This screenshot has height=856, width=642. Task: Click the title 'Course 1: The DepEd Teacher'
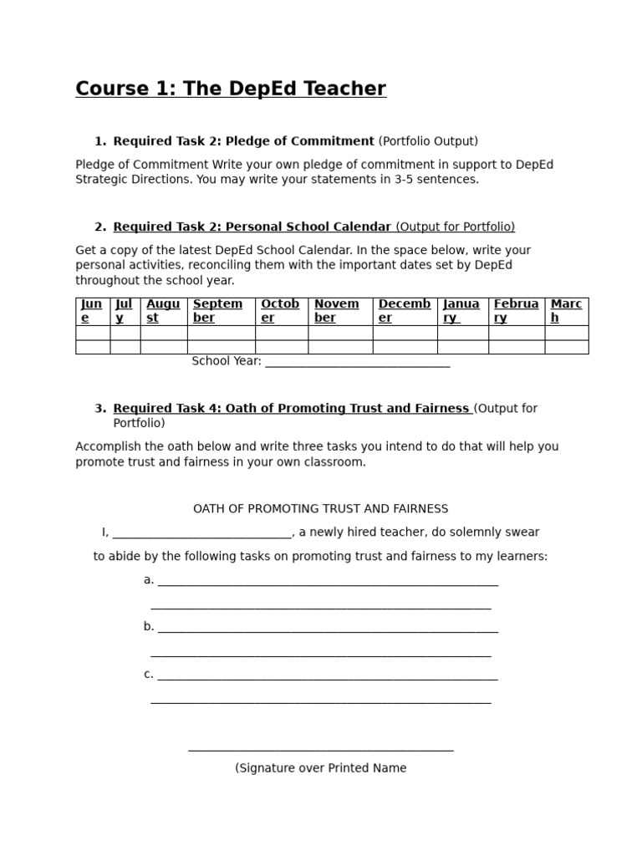pos(231,89)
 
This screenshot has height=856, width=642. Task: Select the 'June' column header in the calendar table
pos(92,311)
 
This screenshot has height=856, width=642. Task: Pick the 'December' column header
pos(405,311)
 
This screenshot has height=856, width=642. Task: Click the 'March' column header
pos(566,311)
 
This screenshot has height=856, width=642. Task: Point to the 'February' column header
pos(516,311)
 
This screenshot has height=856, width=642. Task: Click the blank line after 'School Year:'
pos(357,362)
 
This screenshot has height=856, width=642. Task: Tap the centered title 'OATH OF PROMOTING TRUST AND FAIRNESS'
pos(321,508)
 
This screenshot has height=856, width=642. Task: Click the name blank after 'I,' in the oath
pos(201,533)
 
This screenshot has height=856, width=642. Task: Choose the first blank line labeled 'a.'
pos(327,581)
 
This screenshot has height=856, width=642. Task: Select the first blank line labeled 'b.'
pos(327,628)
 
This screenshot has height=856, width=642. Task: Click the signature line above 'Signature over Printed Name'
pos(321,749)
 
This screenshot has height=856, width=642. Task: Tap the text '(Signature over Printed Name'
pos(321,768)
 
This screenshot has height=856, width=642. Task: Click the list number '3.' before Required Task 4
pos(100,408)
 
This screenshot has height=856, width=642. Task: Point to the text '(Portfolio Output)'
pos(428,141)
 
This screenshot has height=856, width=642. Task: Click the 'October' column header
pos(281,311)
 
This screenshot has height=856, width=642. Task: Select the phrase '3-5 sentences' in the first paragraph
pos(440,179)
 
